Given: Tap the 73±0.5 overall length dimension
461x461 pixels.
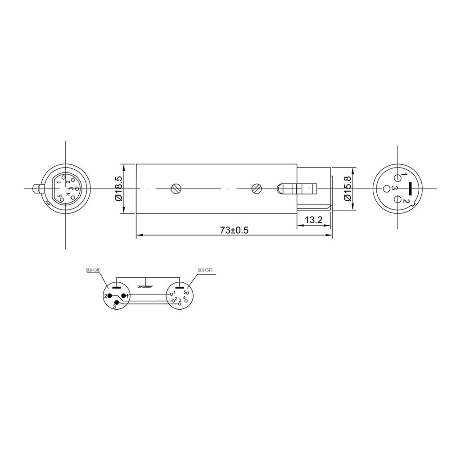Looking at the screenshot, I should click(234, 230).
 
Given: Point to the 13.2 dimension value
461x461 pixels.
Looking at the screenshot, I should click(314, 220).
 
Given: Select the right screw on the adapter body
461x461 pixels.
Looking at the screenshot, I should click(256, 189).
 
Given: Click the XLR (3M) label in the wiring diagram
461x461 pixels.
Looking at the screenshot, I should click(93, 271).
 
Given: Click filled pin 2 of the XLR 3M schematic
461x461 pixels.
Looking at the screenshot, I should click(109, 296).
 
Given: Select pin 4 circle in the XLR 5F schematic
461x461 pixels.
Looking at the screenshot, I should click(186, 300).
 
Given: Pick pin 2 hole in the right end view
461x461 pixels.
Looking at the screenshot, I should click(398, 200).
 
